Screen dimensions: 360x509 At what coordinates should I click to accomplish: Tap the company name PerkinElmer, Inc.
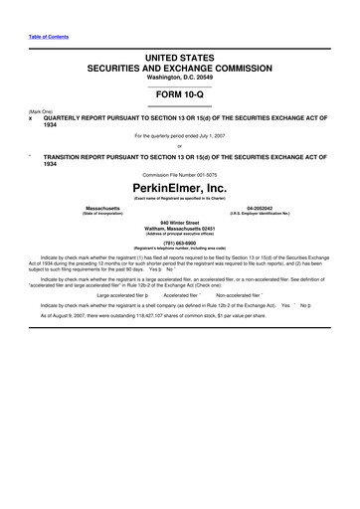click(x=180, y=185)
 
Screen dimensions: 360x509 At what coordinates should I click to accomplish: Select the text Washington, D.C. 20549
click(x=180, y=77)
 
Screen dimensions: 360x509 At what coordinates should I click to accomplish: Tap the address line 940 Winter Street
click(x=180, y=222)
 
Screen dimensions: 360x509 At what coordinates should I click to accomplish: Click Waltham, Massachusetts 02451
click(x=180, y=228)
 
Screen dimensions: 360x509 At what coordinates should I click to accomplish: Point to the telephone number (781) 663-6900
click(x=180, y=242)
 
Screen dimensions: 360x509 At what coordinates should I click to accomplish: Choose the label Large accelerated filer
click(x=122, y=295)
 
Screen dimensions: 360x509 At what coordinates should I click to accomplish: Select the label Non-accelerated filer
click(x=238, y=295)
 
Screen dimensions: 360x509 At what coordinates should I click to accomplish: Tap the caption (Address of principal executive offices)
click(x=180, y=234)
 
